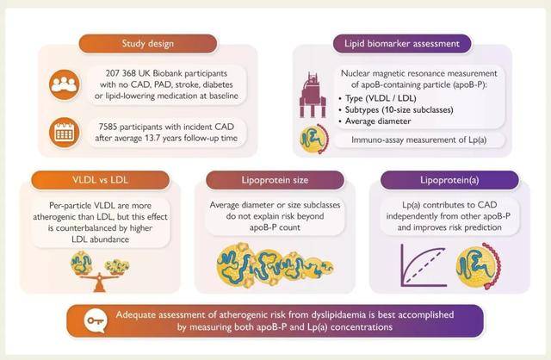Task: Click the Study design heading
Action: click(x=148, y=44)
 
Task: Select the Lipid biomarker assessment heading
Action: click(x=402, y=44)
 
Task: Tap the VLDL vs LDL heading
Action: click(x=100, y=180)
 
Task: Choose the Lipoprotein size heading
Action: click(x=275, y=180)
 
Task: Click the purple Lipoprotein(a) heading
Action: click(x=449, y=180)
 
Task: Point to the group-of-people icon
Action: click(x=65, y=84)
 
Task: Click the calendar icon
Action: click(x=65, y=133)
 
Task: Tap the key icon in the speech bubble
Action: click(x=96, y=321)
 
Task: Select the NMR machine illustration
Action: click(x=313, y=95)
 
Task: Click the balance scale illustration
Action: click(x=100, y=271)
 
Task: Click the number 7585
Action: click(x=108, y=127)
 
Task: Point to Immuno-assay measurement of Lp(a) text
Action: click(x=419, y=140)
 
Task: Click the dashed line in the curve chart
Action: click(x=424, y=266)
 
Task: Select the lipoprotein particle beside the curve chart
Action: click(x=479, y=266)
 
